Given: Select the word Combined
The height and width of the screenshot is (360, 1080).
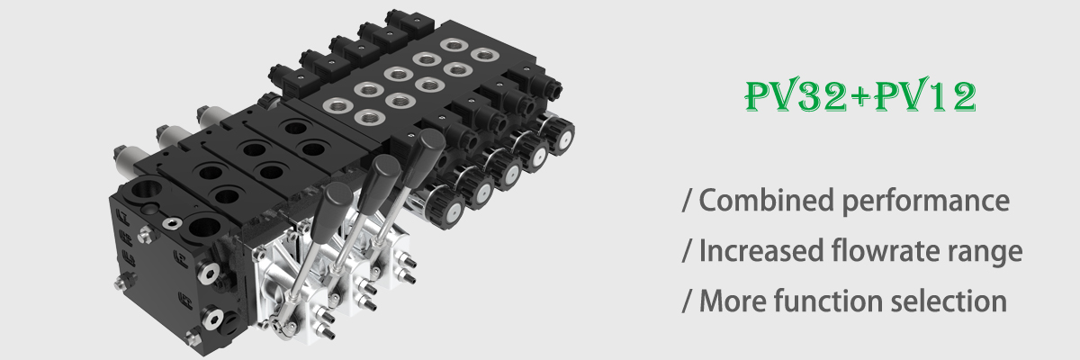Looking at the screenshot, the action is (x=766, y=200).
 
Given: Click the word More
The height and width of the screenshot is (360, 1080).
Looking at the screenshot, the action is (x=733, y=301).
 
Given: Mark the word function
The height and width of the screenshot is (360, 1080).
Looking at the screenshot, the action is (x=828, y=301).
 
